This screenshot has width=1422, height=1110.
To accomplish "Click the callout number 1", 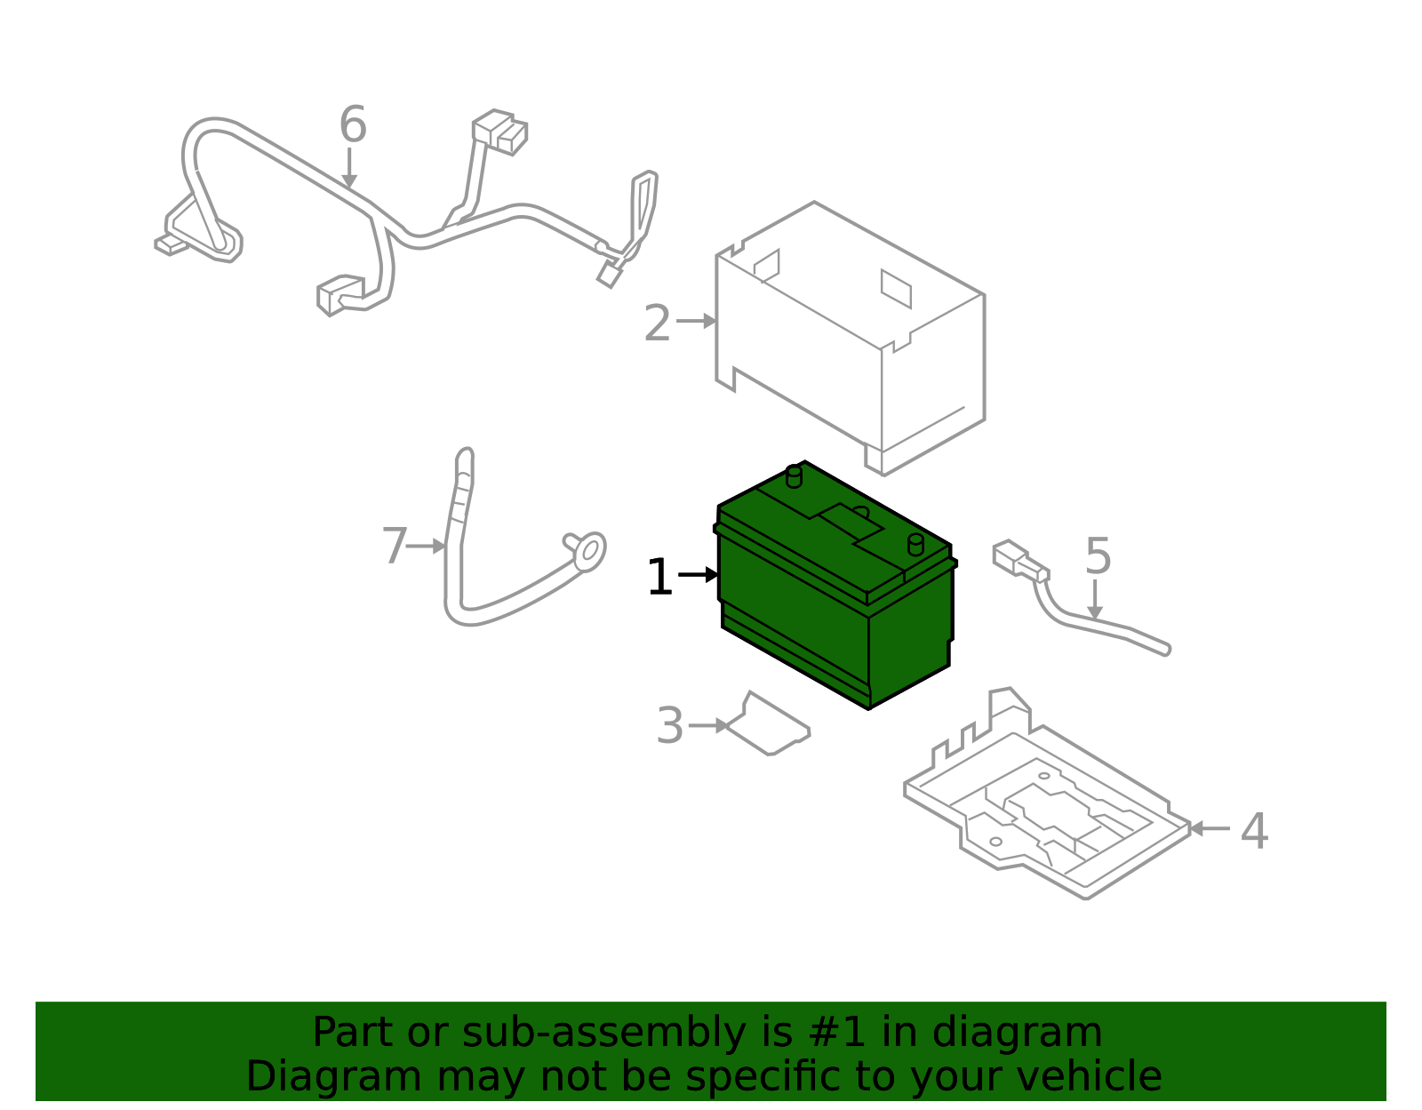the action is [x=659, y=577].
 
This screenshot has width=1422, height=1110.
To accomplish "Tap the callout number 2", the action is [x=657, y=323].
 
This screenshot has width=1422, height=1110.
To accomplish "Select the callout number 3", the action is [x=670, y=726].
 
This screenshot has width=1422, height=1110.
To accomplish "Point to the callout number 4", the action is [x=1255, y=831].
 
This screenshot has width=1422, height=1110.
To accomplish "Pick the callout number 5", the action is [x=1098, y=556].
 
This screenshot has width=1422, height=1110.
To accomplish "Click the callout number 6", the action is [x=353, y=124].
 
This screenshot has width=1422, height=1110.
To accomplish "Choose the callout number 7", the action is [x=395, y=547].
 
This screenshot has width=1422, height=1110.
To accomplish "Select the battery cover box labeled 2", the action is [x=851, y=339].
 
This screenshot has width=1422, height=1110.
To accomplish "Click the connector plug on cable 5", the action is [x=1019, y=561].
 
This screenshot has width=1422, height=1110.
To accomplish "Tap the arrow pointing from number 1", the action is [x=699, y=575].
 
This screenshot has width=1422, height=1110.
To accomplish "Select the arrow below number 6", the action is [x=349, y=167].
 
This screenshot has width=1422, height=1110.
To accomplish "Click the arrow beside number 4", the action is [x=1210, y=829].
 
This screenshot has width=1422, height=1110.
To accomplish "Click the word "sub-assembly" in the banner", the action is [x=603, y=1032].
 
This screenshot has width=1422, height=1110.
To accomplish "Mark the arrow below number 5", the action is [x=1095, y=599].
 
